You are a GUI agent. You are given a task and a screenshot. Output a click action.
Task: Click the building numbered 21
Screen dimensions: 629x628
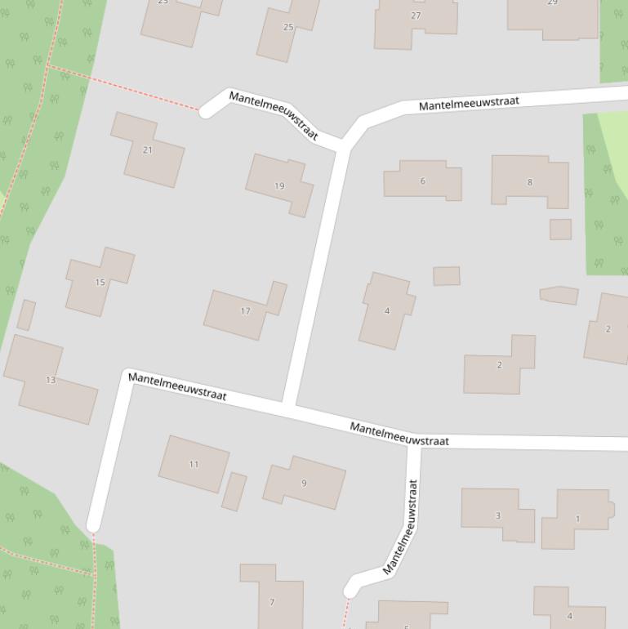[147, 150]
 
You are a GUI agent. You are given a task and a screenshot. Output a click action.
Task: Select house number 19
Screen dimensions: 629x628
[279, 185]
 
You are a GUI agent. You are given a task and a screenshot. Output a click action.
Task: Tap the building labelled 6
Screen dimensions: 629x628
[422, 181]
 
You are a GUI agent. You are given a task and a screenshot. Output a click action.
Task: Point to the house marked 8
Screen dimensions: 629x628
[529, 181]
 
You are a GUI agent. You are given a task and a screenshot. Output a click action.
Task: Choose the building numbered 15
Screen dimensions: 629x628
[100, 283]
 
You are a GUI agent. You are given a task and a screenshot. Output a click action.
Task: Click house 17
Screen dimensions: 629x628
[245, 311]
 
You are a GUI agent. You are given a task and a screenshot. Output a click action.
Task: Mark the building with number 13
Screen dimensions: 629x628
[51, 380]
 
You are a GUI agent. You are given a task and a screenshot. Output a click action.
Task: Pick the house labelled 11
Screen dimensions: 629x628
[194, 464]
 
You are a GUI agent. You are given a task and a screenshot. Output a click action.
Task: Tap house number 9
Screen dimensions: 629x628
[304, 483]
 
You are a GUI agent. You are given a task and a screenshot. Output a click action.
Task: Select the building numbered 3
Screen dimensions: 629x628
[497, 515]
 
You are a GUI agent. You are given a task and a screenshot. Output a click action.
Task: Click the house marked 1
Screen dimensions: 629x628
[577, 519]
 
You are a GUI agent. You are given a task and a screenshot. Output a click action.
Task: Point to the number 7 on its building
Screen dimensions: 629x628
[272, 602]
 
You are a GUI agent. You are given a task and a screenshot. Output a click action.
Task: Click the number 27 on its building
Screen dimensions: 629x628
[416, 16]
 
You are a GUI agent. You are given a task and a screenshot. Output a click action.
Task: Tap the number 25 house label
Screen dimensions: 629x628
[287, 27]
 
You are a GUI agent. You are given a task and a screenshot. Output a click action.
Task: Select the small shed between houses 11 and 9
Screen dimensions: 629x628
[234, 492]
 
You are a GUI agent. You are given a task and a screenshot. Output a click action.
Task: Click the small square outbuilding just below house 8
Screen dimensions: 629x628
[560, 229]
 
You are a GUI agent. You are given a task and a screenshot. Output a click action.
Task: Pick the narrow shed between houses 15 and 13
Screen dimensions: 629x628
[26, 315]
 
